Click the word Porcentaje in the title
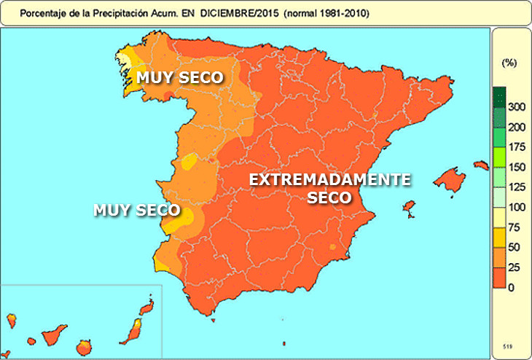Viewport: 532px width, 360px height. click(42, 14)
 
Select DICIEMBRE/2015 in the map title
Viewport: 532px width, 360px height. click(232, 14)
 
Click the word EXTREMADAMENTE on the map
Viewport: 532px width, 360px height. click(329, 180)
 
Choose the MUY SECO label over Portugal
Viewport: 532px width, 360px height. click(137, 211)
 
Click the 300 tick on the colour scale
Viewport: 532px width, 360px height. click(516, 107)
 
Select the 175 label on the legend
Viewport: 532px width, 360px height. click(516, 147)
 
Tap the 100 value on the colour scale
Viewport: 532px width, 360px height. click(516, 208)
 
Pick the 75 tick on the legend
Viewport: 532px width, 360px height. click(516, 227)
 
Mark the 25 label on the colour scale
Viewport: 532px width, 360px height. click(516, 267)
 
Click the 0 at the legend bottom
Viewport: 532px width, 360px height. click(512, 288)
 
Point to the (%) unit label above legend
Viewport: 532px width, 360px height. click(509, 63)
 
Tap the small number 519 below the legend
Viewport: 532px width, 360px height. click(508, 345)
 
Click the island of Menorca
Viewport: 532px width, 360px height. click(480, 165)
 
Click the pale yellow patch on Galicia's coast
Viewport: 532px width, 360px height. click(125, 60)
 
